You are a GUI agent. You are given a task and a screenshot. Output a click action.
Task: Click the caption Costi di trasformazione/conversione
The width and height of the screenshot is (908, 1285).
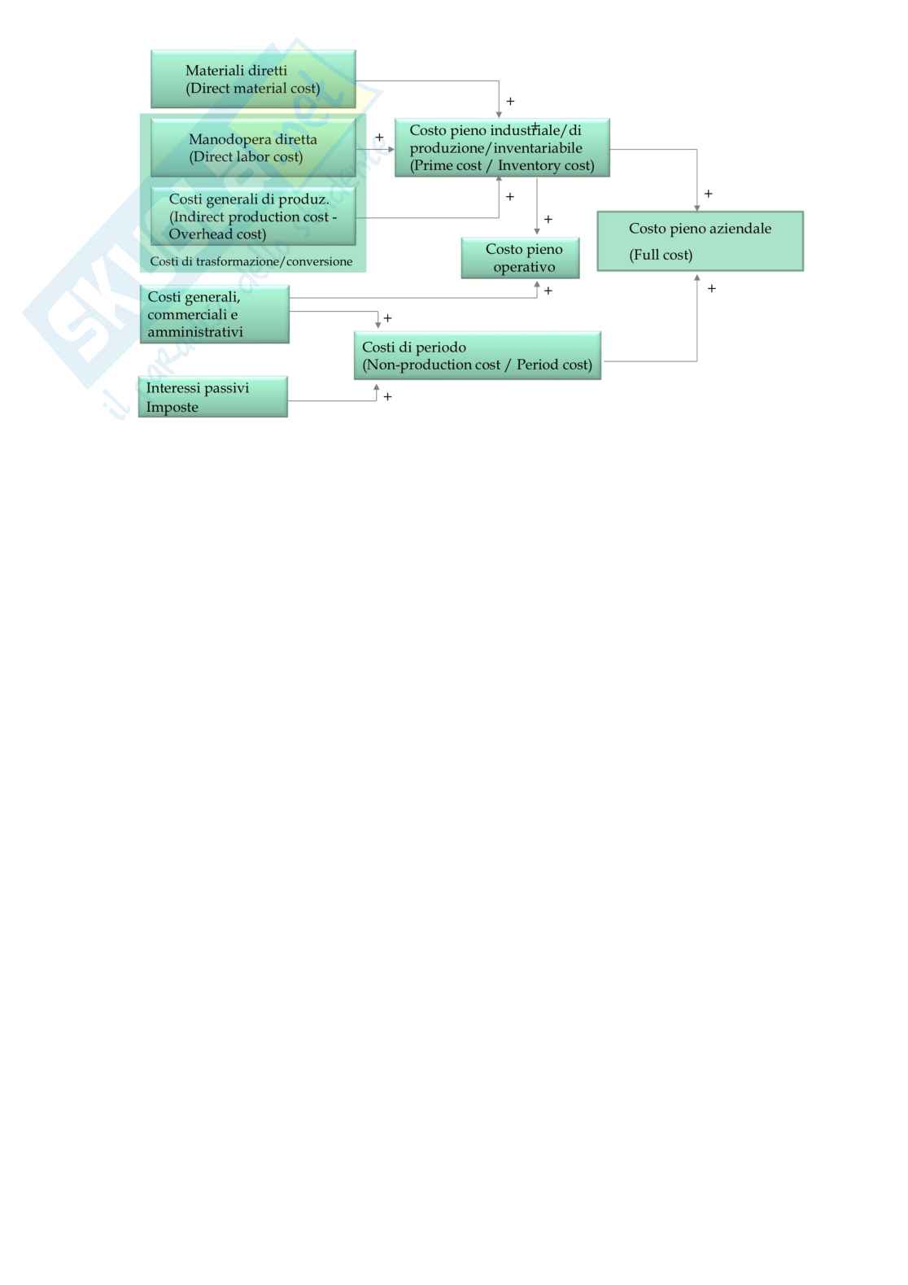pos(251,261)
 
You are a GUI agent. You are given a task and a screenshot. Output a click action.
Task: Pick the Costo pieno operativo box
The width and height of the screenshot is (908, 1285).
pos(520,258)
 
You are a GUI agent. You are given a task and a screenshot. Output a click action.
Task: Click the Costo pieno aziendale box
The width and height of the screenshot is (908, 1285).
pos(700,241)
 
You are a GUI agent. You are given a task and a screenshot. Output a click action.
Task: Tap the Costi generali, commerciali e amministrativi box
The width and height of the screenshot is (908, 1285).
pos(215,314)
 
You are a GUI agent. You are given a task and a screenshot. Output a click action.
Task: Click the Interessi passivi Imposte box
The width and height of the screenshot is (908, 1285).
pos(213,397)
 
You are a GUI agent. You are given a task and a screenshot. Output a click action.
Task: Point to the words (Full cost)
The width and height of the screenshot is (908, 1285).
pos(661,255)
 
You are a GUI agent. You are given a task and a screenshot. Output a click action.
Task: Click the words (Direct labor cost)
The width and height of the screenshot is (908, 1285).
pos(246,157)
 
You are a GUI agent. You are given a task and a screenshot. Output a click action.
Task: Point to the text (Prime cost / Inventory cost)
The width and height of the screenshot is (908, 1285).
pos(502,166)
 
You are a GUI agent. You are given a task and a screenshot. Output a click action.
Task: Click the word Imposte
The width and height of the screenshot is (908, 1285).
pos(172,407)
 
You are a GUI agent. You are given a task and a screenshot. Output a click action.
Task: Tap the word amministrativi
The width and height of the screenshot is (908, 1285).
pos(195,332)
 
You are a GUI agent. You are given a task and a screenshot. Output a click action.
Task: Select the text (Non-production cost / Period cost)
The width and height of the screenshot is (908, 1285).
pos(478,365)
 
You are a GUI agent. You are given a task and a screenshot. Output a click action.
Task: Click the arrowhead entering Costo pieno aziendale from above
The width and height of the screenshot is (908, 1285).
pos(697,208)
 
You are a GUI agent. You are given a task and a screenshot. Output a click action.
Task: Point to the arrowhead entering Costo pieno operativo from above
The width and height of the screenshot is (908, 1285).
pos(537,233)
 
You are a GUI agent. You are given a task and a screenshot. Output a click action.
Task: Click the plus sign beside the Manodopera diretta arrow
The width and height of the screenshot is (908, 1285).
pos(379,138)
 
